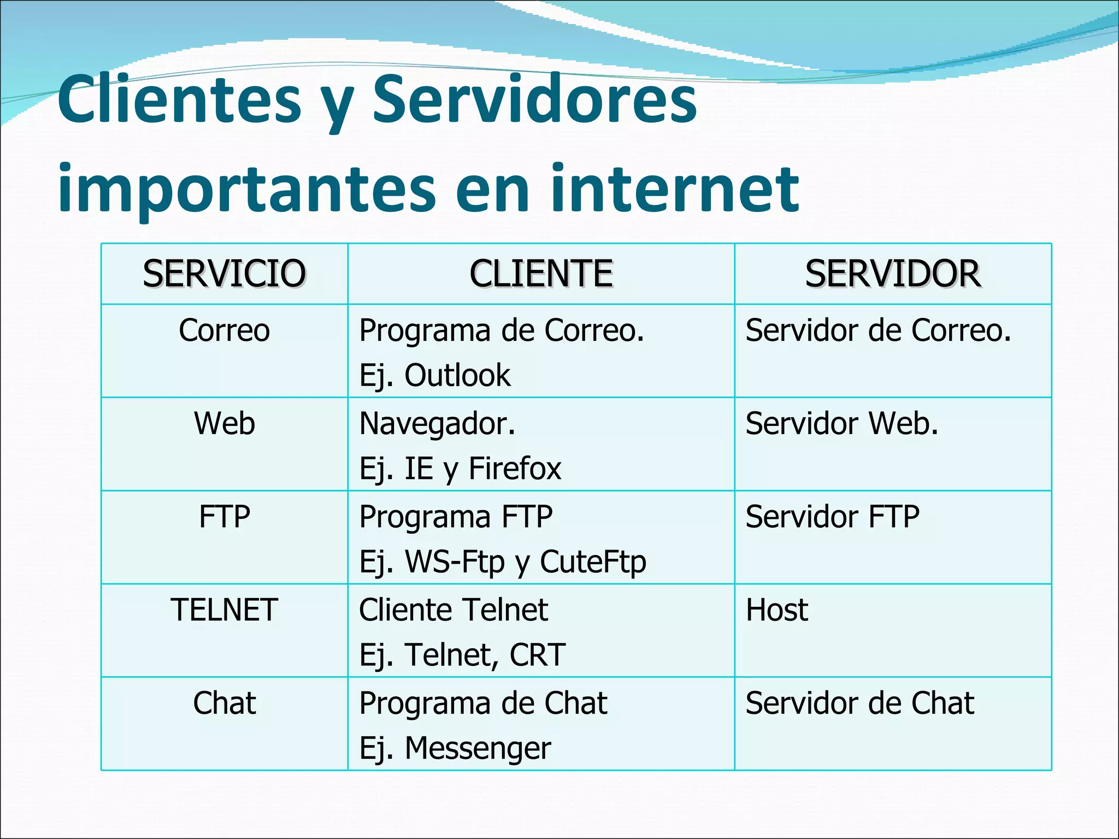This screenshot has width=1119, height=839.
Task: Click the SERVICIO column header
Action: point(224,274)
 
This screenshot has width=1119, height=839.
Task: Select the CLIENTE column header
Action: point(541,274)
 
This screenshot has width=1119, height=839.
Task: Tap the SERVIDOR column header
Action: point(893,274)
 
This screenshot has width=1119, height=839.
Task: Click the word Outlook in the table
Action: point(457,376)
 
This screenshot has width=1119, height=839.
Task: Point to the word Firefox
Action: point(515,469)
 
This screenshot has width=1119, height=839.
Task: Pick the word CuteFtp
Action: point(593,562)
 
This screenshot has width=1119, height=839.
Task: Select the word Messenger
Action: point(478,748)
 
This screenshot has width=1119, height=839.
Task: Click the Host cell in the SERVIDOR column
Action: point(777,610)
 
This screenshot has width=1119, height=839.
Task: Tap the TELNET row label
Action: point(224,610)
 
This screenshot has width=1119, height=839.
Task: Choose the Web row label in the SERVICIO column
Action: point(224,424)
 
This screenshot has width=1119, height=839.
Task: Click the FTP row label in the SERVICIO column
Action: point(224,517)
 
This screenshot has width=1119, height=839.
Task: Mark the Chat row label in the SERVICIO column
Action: point(224,703)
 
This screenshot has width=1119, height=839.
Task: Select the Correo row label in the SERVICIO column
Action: point(224,330)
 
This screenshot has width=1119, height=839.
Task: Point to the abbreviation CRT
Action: point(537,655)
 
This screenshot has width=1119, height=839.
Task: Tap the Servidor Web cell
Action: point(842,424)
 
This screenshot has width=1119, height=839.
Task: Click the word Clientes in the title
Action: point(180,100)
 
